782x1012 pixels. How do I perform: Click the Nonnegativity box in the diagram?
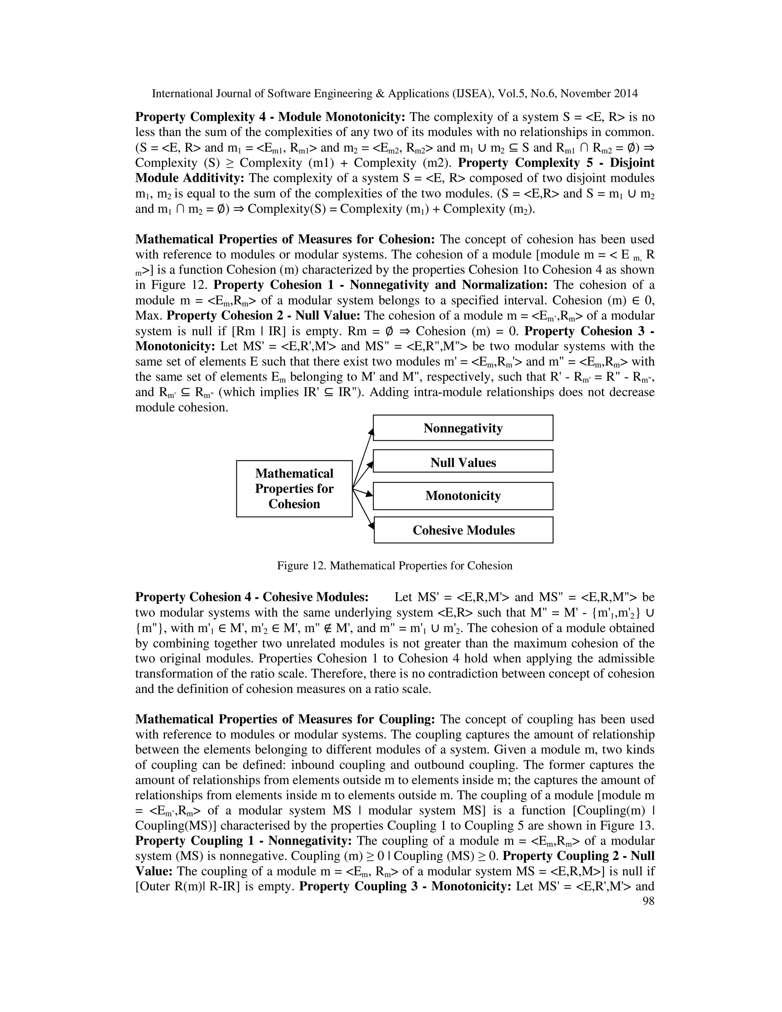coord(462,428)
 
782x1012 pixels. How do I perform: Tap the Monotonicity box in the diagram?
coord(462,496)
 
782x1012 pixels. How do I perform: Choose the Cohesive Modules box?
coord(463,530)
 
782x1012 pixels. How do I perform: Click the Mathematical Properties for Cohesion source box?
coord(294,488)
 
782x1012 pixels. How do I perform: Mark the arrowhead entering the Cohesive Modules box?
coord(371,525)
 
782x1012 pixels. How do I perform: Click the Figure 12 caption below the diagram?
coord(394,566)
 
